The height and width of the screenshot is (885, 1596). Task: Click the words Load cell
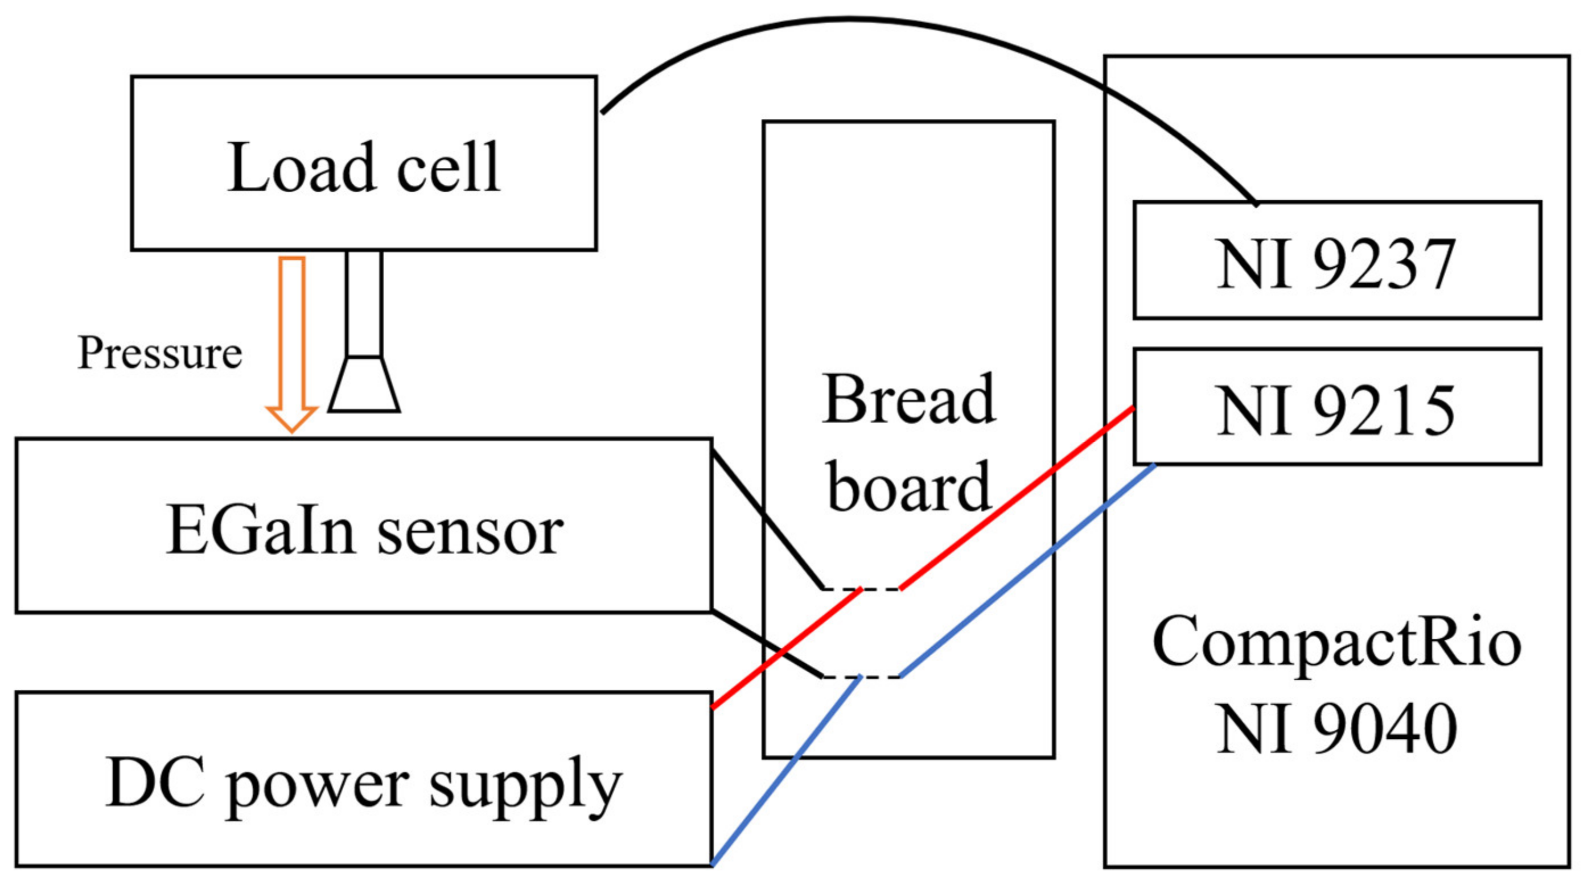(x=364, y=167)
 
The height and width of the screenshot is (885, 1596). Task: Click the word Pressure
(x=159, y=353)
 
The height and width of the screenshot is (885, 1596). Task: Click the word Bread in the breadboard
(x=908, y=400)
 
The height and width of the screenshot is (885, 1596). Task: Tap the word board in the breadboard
(x=908, y=489)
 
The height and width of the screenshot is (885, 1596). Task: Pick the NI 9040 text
(x=1337, y=730)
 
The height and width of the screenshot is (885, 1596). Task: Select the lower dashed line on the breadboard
(x=861, y=677)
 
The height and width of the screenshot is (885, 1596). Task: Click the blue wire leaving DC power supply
(x=787, y=771)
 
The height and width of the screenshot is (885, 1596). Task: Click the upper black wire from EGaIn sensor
(x=768, y=520)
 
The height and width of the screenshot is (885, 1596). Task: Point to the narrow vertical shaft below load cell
(x=364, y=304)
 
